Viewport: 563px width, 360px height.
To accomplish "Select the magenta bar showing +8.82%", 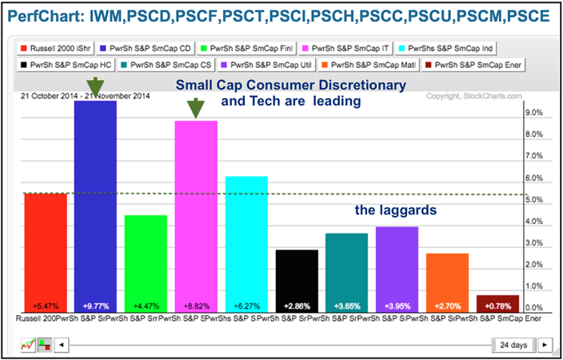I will pyautogui.click(x=196, y=216).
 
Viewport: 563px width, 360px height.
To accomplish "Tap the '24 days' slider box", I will pyautogui.click(x=512, y=345).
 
